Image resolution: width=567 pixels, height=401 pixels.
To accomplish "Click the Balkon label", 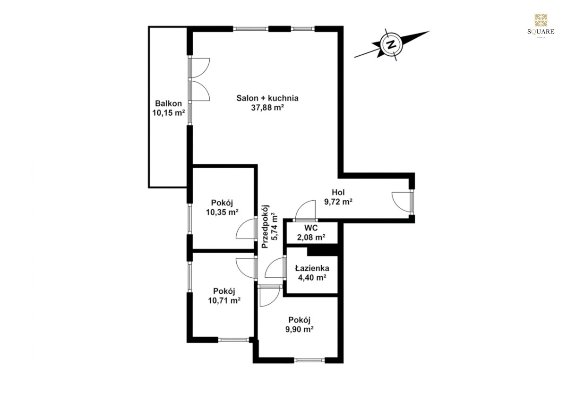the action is click(x=168, y=103).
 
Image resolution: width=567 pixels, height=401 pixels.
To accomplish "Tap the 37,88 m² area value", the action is click(x=267, y=108).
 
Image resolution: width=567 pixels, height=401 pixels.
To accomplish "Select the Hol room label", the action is click(x=338, y=192).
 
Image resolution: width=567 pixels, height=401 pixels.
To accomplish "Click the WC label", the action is click(x=311, y=228).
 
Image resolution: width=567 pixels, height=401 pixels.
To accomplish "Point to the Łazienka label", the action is click(x=312, y=268).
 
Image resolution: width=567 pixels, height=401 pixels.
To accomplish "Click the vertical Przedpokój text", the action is click(x=265, y=226).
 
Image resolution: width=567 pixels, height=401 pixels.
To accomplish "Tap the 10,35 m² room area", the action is click(x=222, y=212).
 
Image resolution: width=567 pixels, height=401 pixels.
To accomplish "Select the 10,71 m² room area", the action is click(x=224, y=300).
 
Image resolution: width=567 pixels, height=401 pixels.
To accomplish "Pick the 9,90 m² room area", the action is click(x=300, y=329).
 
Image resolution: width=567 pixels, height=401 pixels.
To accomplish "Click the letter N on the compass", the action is click(x=391, y=45).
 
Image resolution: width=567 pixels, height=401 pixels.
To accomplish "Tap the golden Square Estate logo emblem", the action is click(x=541, y=20).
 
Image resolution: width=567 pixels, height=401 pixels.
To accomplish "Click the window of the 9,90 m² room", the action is click(x=309, y=360).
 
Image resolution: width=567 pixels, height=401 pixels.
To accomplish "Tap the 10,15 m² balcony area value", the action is click(x=168, y=113).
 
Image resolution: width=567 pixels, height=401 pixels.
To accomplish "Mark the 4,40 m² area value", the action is click(x=312, y=278).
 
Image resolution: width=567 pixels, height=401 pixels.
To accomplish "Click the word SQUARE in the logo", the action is click(x=541, y=32).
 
